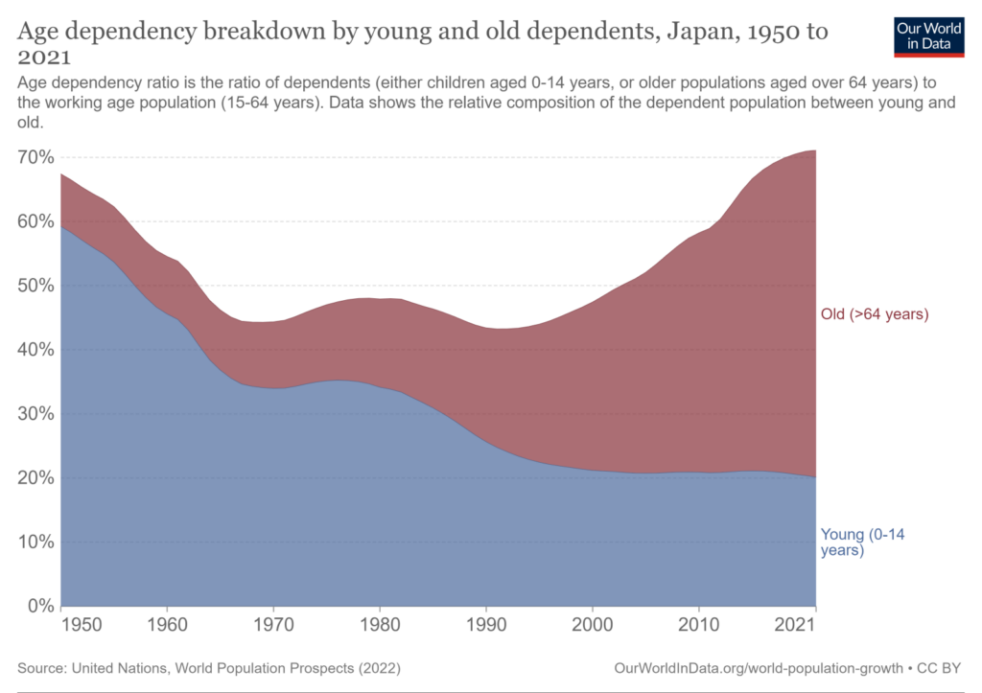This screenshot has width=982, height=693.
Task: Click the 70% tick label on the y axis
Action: click(x=35, y=157)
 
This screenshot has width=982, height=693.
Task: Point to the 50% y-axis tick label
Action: click(x=35, y=286)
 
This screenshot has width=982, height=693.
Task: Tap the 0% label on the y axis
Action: click(x=38, y=606)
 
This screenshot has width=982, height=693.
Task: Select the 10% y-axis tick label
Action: click(x=35, y=542)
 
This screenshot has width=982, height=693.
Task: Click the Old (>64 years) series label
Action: click(x=875, y=313)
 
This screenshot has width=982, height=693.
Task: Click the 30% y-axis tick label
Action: click(x=35, y=414)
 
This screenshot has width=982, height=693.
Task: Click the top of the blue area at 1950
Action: click(x=61, y=227)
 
